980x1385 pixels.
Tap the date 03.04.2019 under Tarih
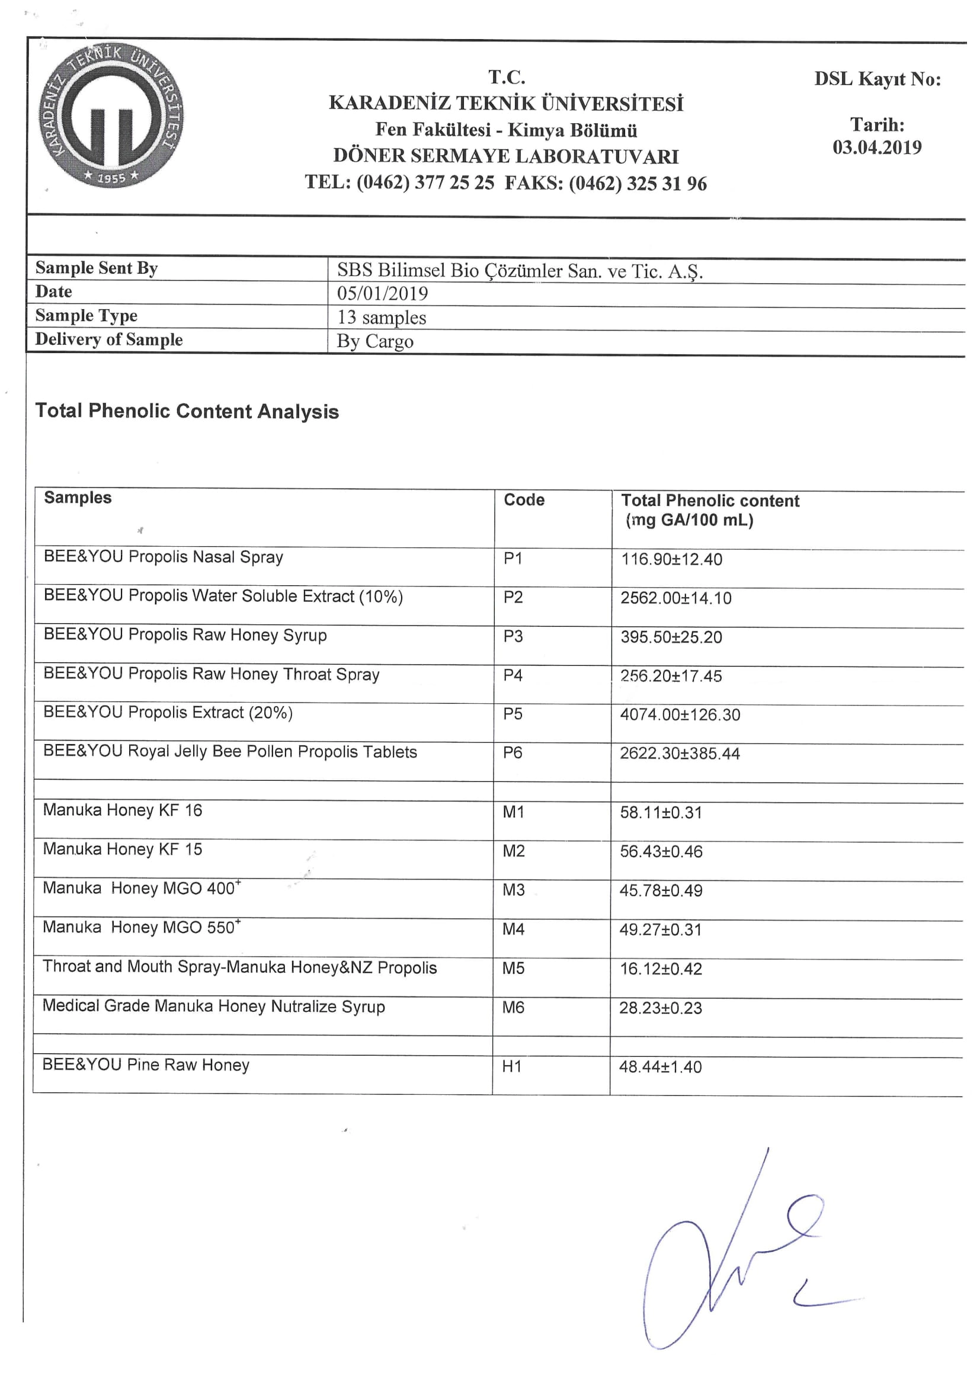pyautogui.click(x=877, y=147)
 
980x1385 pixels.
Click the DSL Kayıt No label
pyautogui.click(x=877, y=79)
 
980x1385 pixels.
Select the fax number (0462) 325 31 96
pyautogui.click(x=638, y=184)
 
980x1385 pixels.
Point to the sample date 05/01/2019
pyautogui.click(x=383, y=294)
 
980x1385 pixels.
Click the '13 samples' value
pyautogui.click(x=382, y=318)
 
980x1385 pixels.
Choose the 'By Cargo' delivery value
pyautogui.click(x=374, y=341)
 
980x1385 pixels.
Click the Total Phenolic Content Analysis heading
pyautogui.click(x=187, y=411)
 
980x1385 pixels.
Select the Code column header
pyautogui.click(x=524, y=500)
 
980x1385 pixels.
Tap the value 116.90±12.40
pyautogui.click(x=672, y=559)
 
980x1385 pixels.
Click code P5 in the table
pyautogui.click(x=513, y=714)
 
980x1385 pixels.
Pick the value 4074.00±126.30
pyautogui.click(x=680, y=715)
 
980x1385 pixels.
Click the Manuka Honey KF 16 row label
pyautogui.click(x=123, y=810)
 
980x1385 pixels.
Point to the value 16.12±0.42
pyautogui.click(x=661, y=969)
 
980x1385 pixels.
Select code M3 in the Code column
pyautogui.click(x=514, y=890)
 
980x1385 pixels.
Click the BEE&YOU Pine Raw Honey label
pyautogui.click(x=145, y=1065)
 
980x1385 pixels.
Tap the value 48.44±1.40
pyautogui.click(x=660, y=1067)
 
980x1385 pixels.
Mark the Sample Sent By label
pyautogui.click(x=97, y=268)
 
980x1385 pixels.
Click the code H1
pyautogui.click(x=512, y=1066)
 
